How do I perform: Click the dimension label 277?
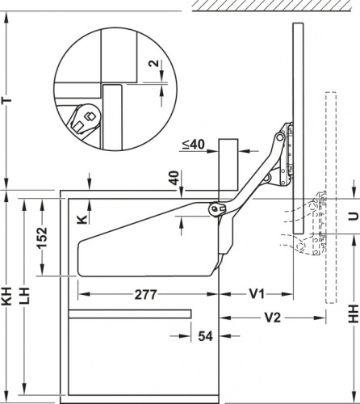145,295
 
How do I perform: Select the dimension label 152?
42,238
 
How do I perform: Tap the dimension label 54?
206,336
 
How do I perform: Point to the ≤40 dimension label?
194,145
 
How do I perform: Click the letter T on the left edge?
7,100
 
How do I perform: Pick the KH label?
7,297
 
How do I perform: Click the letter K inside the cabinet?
82,219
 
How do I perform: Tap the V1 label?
257,293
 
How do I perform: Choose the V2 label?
273,318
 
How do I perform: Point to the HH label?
354,314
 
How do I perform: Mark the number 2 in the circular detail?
154,63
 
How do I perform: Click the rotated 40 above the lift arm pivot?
175,178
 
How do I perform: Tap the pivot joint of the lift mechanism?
216,208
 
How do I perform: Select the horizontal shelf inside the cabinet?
130,314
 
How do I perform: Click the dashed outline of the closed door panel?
331,197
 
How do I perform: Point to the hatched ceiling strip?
272,6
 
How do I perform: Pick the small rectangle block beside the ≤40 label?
228,164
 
